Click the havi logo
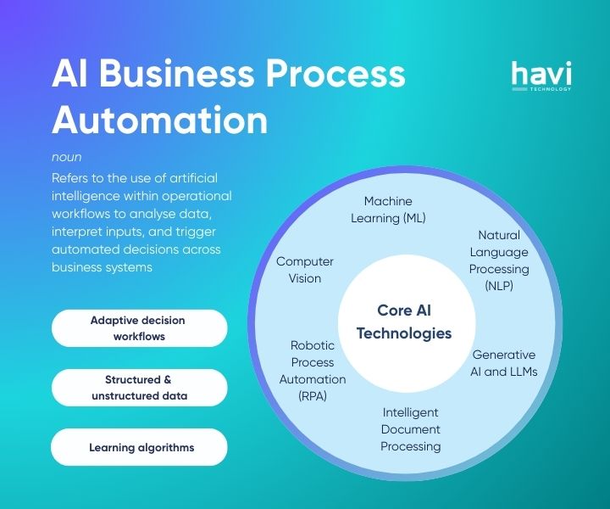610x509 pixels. click(541, 76)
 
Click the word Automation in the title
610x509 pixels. click(159, 120)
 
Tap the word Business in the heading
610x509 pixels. click(190, 76)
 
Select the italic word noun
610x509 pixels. click(66, 157)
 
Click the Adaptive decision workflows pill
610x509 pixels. click(138, 328)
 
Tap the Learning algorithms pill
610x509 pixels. click(141, 447)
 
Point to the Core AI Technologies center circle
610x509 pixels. click(404, 322)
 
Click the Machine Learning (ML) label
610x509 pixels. click(388, 210)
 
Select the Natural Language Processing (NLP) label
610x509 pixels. click(499, 260)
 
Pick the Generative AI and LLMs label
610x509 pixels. click(503, 363)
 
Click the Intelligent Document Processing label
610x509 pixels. click(410, 429)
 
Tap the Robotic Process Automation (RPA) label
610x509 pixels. click(313, 371)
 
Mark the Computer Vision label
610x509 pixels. click(305, 270)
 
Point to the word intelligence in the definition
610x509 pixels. click(89, 196)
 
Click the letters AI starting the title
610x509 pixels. click(71, 76)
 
